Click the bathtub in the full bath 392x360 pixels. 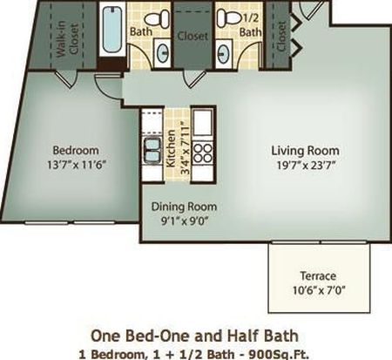pos(112,30)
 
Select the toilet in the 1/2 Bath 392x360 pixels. pos(229,17)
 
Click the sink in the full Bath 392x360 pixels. pos(163,52)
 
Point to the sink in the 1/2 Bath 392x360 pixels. pos(224,53)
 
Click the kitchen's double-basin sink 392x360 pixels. pos(152,151)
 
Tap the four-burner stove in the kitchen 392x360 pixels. pos(203,153)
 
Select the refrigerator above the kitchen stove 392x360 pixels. pos(203,122)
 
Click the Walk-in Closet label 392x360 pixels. pos(67,38)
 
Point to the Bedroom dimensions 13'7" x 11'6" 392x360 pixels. pos(76,165)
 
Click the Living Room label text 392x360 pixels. pos(305,151)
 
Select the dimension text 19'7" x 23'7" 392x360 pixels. pos(306,165)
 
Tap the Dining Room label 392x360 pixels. pos(184,207)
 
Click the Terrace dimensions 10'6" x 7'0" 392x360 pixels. pos(319,290)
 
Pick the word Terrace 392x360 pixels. pos(318,275)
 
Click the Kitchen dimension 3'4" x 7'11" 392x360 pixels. pos(185,148)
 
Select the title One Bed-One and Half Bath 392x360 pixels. pos(194,336)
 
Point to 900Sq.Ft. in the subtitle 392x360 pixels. pos(279,354)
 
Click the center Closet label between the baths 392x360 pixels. pos(193,36)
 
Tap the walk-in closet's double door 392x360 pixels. pos(66,78)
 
